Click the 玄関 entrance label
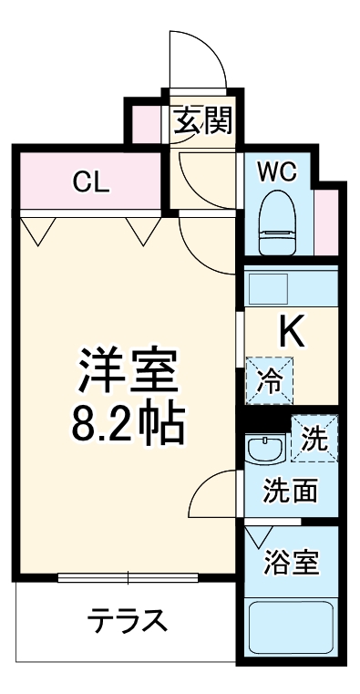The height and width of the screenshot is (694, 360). click(x=202, y=120)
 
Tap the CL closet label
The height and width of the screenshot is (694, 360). click(x=91, y=181)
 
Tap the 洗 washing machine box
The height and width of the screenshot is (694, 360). click(x=314, y=440)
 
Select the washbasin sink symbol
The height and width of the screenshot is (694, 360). click(x=266, y=449)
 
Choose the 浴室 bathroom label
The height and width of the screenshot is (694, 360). click(x=291, y=562)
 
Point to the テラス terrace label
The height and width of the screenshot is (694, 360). click(x=128, y=622)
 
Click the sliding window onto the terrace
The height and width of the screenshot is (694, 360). click(x=128, y=577)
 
